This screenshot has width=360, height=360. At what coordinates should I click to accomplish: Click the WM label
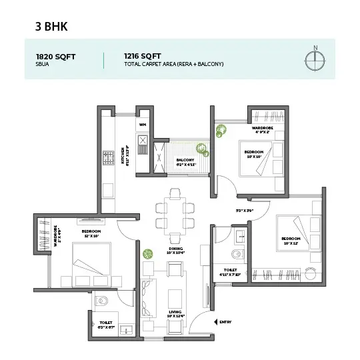pyautogui.click(x=143, y=125)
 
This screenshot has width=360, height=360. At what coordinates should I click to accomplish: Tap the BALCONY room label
pyautogui.click(x=185, y=161)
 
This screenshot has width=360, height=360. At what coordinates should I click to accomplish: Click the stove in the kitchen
pyautogui.click(x=107, y=159)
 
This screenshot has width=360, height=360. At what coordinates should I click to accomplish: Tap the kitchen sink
pyautogui.click(x=142, y=140)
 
